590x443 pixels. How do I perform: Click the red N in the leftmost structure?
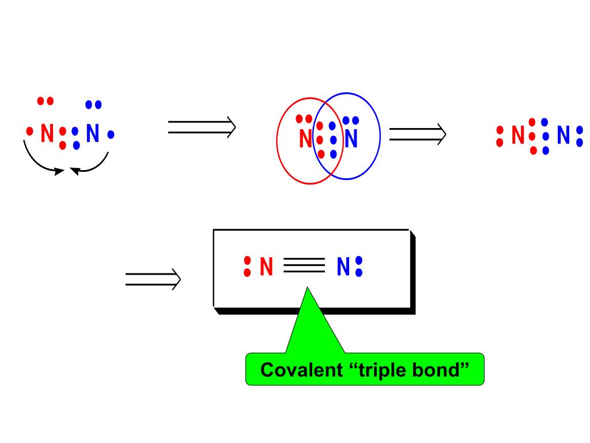coord(47,134)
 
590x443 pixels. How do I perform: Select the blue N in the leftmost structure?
coord(93,134)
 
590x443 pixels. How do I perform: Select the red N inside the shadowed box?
coord(266,267)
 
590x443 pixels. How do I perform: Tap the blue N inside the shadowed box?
coord(343,267)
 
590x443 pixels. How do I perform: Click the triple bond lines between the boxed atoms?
coord(304,265)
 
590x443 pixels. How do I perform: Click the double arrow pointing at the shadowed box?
coord(153,280)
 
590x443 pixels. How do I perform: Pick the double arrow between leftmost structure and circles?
coord(202,127)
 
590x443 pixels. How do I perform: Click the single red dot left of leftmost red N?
coord(30,132)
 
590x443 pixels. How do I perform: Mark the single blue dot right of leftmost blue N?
coord(111,134)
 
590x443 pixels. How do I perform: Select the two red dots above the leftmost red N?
coord(45,101)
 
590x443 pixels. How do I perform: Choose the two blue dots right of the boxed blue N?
coord(359,266)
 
